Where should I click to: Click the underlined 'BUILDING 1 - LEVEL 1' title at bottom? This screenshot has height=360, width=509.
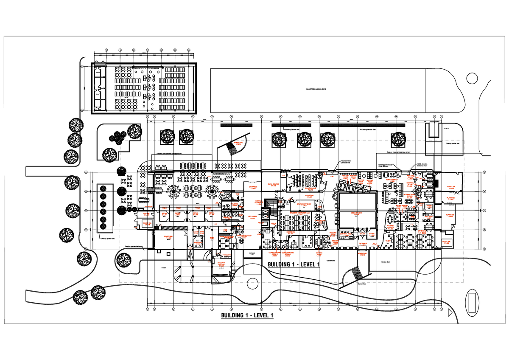[247, 316]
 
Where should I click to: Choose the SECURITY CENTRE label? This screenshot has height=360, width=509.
[221, 264]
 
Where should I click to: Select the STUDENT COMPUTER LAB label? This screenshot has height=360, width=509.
[300, 212]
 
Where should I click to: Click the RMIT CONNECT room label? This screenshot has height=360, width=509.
[390, 180]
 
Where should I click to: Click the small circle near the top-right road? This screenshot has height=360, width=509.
[471, 78]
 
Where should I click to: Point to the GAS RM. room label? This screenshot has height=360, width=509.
[147, 214]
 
